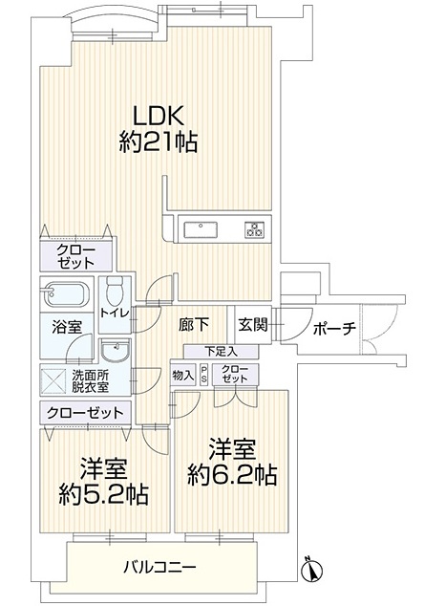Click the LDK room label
point(158,115)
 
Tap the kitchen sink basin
point(200,230)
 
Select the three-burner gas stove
point(254,229)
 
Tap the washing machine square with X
point(54,381)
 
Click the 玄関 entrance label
point(252,325)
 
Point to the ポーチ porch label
point(334,329)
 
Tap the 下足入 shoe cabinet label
point(221,352)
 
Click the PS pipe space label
point(204,374)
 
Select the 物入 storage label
point(183,374)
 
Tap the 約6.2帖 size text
point(232,475)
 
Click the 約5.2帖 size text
point(103,495)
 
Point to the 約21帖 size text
point(158,141)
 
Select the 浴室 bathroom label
point(67,328)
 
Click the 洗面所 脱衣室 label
point(90,380)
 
